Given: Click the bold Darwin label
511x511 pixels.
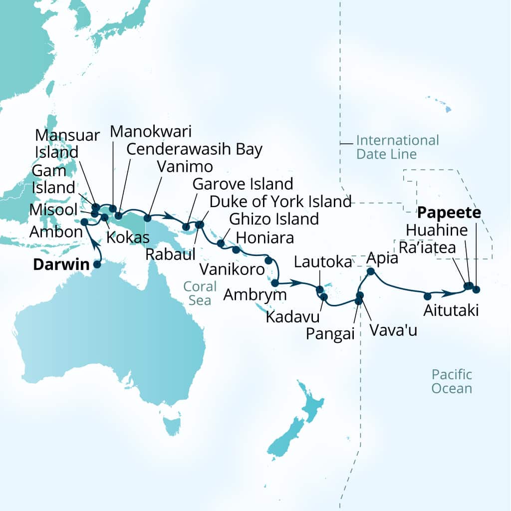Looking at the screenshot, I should [x=61, y=264].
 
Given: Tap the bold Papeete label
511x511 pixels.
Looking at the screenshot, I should [x=449, y=214].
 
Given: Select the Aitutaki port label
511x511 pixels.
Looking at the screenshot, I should [x=451, y=310].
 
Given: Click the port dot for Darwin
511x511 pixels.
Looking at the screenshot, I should [x=97, y=264].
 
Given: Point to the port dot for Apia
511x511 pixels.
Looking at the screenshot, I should [x=370, y=271].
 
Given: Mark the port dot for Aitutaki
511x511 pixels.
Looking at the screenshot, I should [x=427, y=295].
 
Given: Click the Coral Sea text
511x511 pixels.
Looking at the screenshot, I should [x=200, y=293].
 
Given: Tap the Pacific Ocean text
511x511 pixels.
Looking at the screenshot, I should [x=452, y=381].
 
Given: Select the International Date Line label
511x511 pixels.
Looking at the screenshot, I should [x=397, y=147].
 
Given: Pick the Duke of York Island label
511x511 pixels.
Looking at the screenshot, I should [x=280, y=202].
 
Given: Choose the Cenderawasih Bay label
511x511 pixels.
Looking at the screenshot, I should [x=194, y=149].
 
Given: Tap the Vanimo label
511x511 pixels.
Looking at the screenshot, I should [x=185, y=166].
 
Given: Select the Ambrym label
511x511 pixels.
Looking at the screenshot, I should [x=255, y=294].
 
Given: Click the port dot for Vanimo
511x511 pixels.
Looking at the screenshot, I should [x=147, y=218].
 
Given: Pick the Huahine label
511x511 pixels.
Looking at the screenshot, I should [x=437, y=231].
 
